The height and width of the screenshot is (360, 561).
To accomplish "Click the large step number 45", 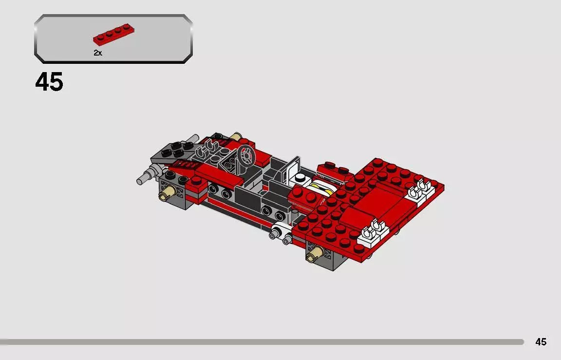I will click(x=49, y=82).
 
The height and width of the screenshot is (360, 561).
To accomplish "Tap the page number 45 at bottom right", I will click(x=541, y=342).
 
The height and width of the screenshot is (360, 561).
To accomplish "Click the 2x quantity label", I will click(x=98, y=53).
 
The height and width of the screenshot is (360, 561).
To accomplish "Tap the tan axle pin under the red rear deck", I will click(x=314, y=252).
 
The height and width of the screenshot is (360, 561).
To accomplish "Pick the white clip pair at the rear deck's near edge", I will click(x=373, y=231).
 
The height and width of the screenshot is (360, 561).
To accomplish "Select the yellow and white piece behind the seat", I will click(x=322, y=187).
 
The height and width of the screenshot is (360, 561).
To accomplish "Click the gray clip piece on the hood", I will click(x=208, y=148).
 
